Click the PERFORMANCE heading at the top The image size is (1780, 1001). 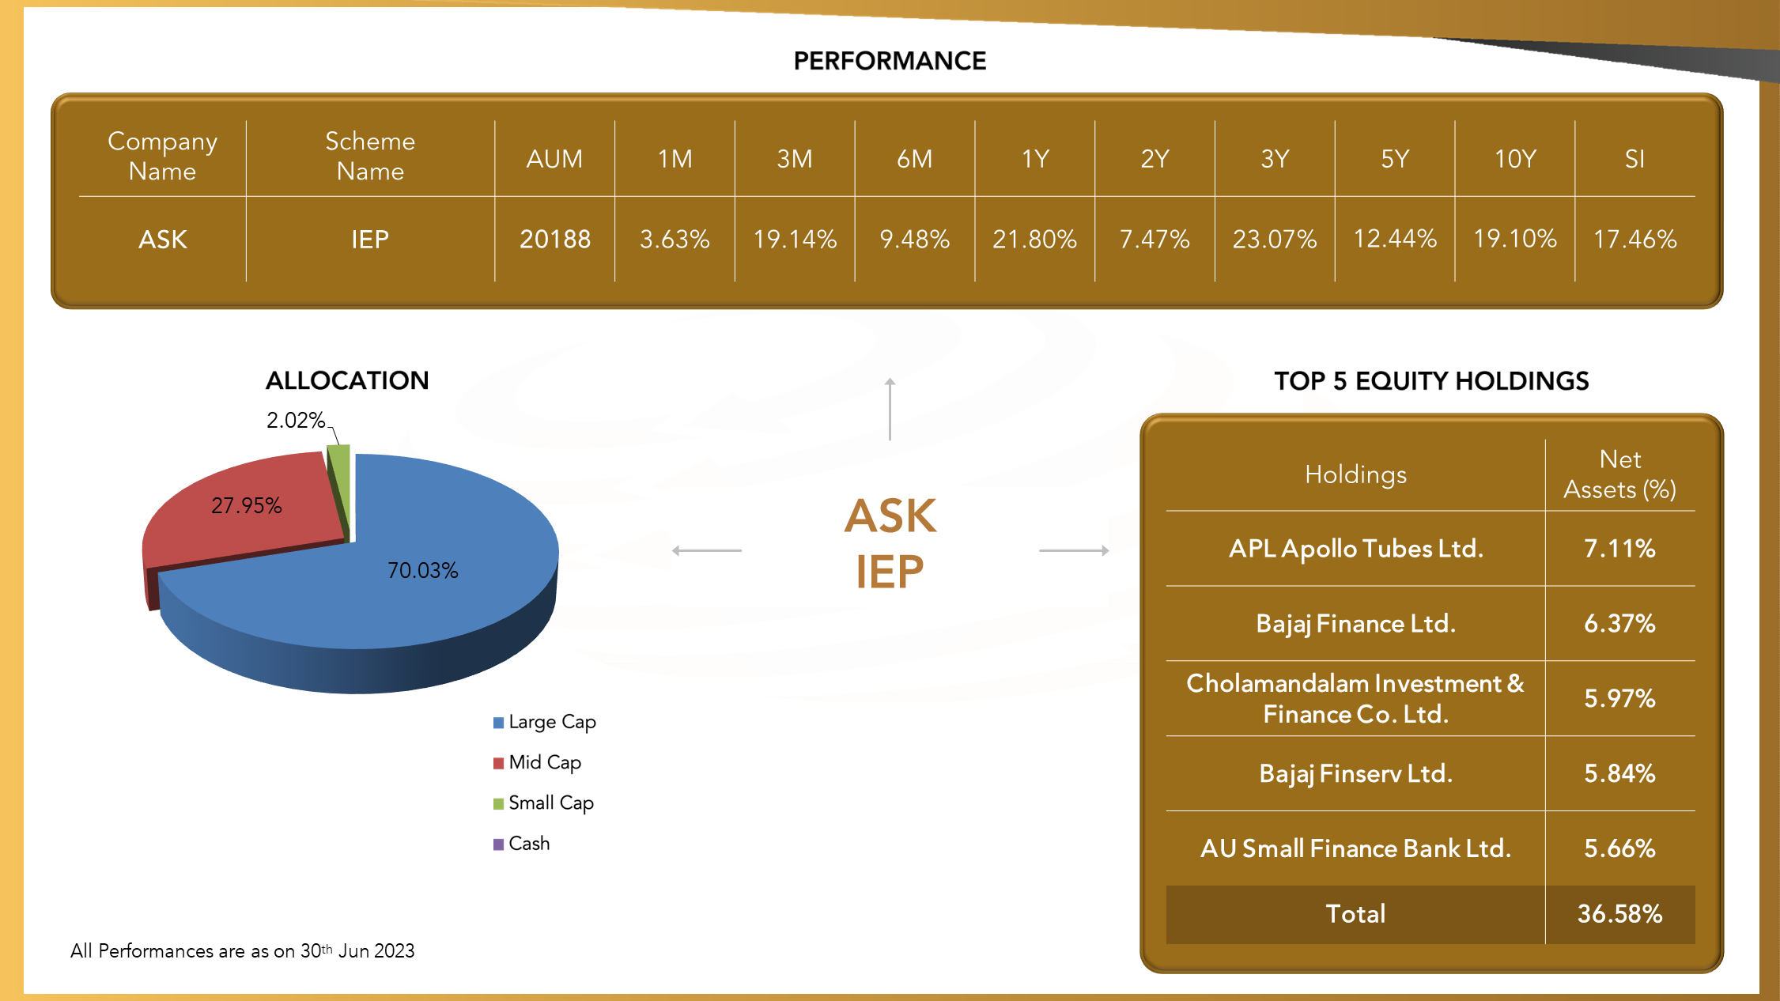[x=890, y=61]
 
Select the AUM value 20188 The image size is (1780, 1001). [x=555, y=239]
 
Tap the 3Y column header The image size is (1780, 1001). [x=1275, y=159]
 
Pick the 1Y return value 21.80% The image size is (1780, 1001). [x=1034, y=239]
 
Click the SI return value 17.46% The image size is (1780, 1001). [x=1635, y=239]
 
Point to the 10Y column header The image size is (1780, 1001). [x=1514, y=159]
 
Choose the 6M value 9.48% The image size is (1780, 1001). [x=914, y=239]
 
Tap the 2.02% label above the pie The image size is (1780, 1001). [x=296, y=420]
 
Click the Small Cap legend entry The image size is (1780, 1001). [x=543, y=803]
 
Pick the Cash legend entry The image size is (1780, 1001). [x=521, y=844]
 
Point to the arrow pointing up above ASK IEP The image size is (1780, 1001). [x=890, y=409]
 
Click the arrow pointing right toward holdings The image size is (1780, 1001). [x=1074, y=550]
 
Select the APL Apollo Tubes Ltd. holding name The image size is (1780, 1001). [x=1355, y=548]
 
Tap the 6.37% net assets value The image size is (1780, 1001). [x=1619, y=623]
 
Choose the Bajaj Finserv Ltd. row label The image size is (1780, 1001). [x=1355, y=773]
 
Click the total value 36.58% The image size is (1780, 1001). [x=1619, y=914]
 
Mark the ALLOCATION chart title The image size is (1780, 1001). [x=347, y=380]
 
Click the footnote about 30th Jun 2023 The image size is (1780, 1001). [x=242, y=950]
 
